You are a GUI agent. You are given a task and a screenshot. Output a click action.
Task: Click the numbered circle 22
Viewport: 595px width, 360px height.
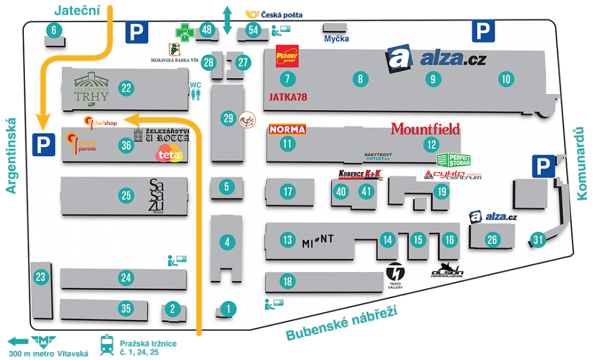click(126, 88)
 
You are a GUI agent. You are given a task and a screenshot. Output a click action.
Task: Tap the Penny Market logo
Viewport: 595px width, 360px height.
click(287, 57)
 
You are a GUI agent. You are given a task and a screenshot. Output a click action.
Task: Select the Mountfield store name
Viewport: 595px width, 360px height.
click(425, 129)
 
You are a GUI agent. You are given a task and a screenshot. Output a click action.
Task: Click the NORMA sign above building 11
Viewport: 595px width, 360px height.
click(287, 129)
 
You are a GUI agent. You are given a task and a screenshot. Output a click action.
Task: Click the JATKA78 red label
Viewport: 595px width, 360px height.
click(288, 97)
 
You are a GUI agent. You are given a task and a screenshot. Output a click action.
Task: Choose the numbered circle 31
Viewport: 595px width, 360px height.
click(538, 240)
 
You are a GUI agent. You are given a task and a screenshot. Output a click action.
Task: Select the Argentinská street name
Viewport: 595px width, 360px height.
click(11, 155)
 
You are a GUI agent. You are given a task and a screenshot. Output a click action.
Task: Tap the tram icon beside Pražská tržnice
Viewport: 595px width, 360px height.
click(107, 343)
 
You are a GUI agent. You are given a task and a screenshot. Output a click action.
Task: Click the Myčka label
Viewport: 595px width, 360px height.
click(336, 39)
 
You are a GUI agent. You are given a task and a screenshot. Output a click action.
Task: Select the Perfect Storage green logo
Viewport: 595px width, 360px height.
click(453, 159)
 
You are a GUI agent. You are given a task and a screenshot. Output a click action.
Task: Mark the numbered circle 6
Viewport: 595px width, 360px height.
click(54, 30)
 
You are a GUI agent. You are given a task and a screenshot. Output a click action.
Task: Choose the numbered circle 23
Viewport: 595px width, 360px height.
click(40, 277)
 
